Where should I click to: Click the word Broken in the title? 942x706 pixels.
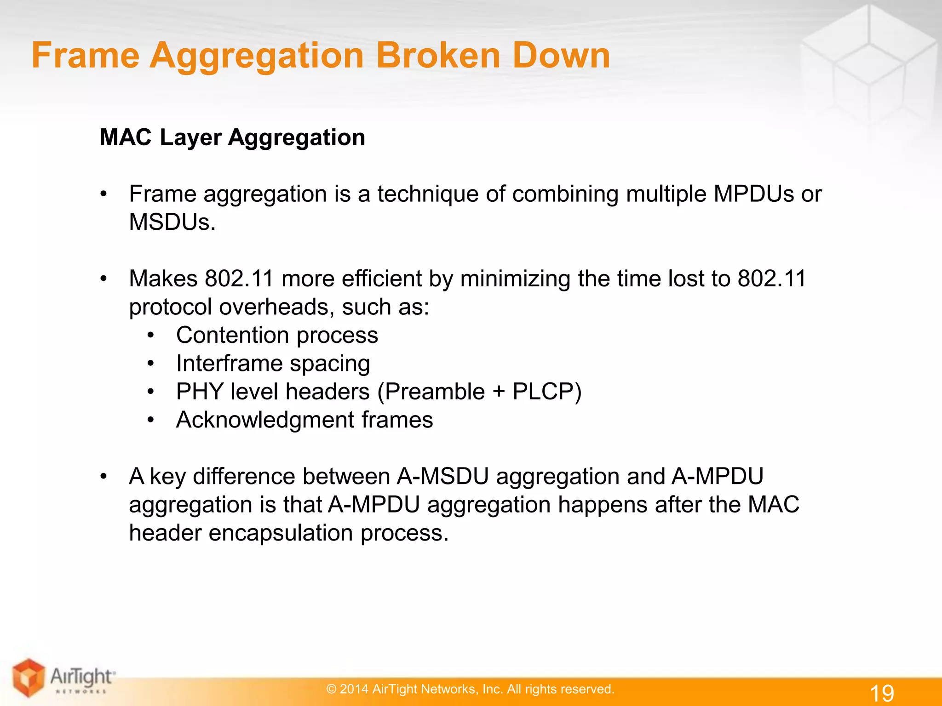(x=438, y=56)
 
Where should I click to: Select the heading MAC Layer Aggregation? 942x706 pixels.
(x=232, y=137)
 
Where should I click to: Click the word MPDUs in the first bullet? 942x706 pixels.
(x=753, y=194)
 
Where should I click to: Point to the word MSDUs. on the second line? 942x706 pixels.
(x=172, y=222)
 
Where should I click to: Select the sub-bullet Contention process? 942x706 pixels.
(x=277, y=335)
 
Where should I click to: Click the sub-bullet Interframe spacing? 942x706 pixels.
(x=273, y=364)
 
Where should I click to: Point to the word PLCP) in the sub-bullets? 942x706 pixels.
(x=547, y=392)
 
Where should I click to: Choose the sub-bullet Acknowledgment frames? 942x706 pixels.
(x=304, y=420)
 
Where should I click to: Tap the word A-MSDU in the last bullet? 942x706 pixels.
(x=442, y=476)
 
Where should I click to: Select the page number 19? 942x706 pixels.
(x=882, y=693)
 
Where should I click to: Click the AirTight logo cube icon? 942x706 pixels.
(x=29, y=677)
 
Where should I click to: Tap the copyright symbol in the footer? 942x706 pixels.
(x=331, y=689)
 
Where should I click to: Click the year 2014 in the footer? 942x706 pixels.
(x=354, y=689)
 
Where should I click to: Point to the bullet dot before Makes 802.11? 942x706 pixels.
(x=104, y=279)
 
